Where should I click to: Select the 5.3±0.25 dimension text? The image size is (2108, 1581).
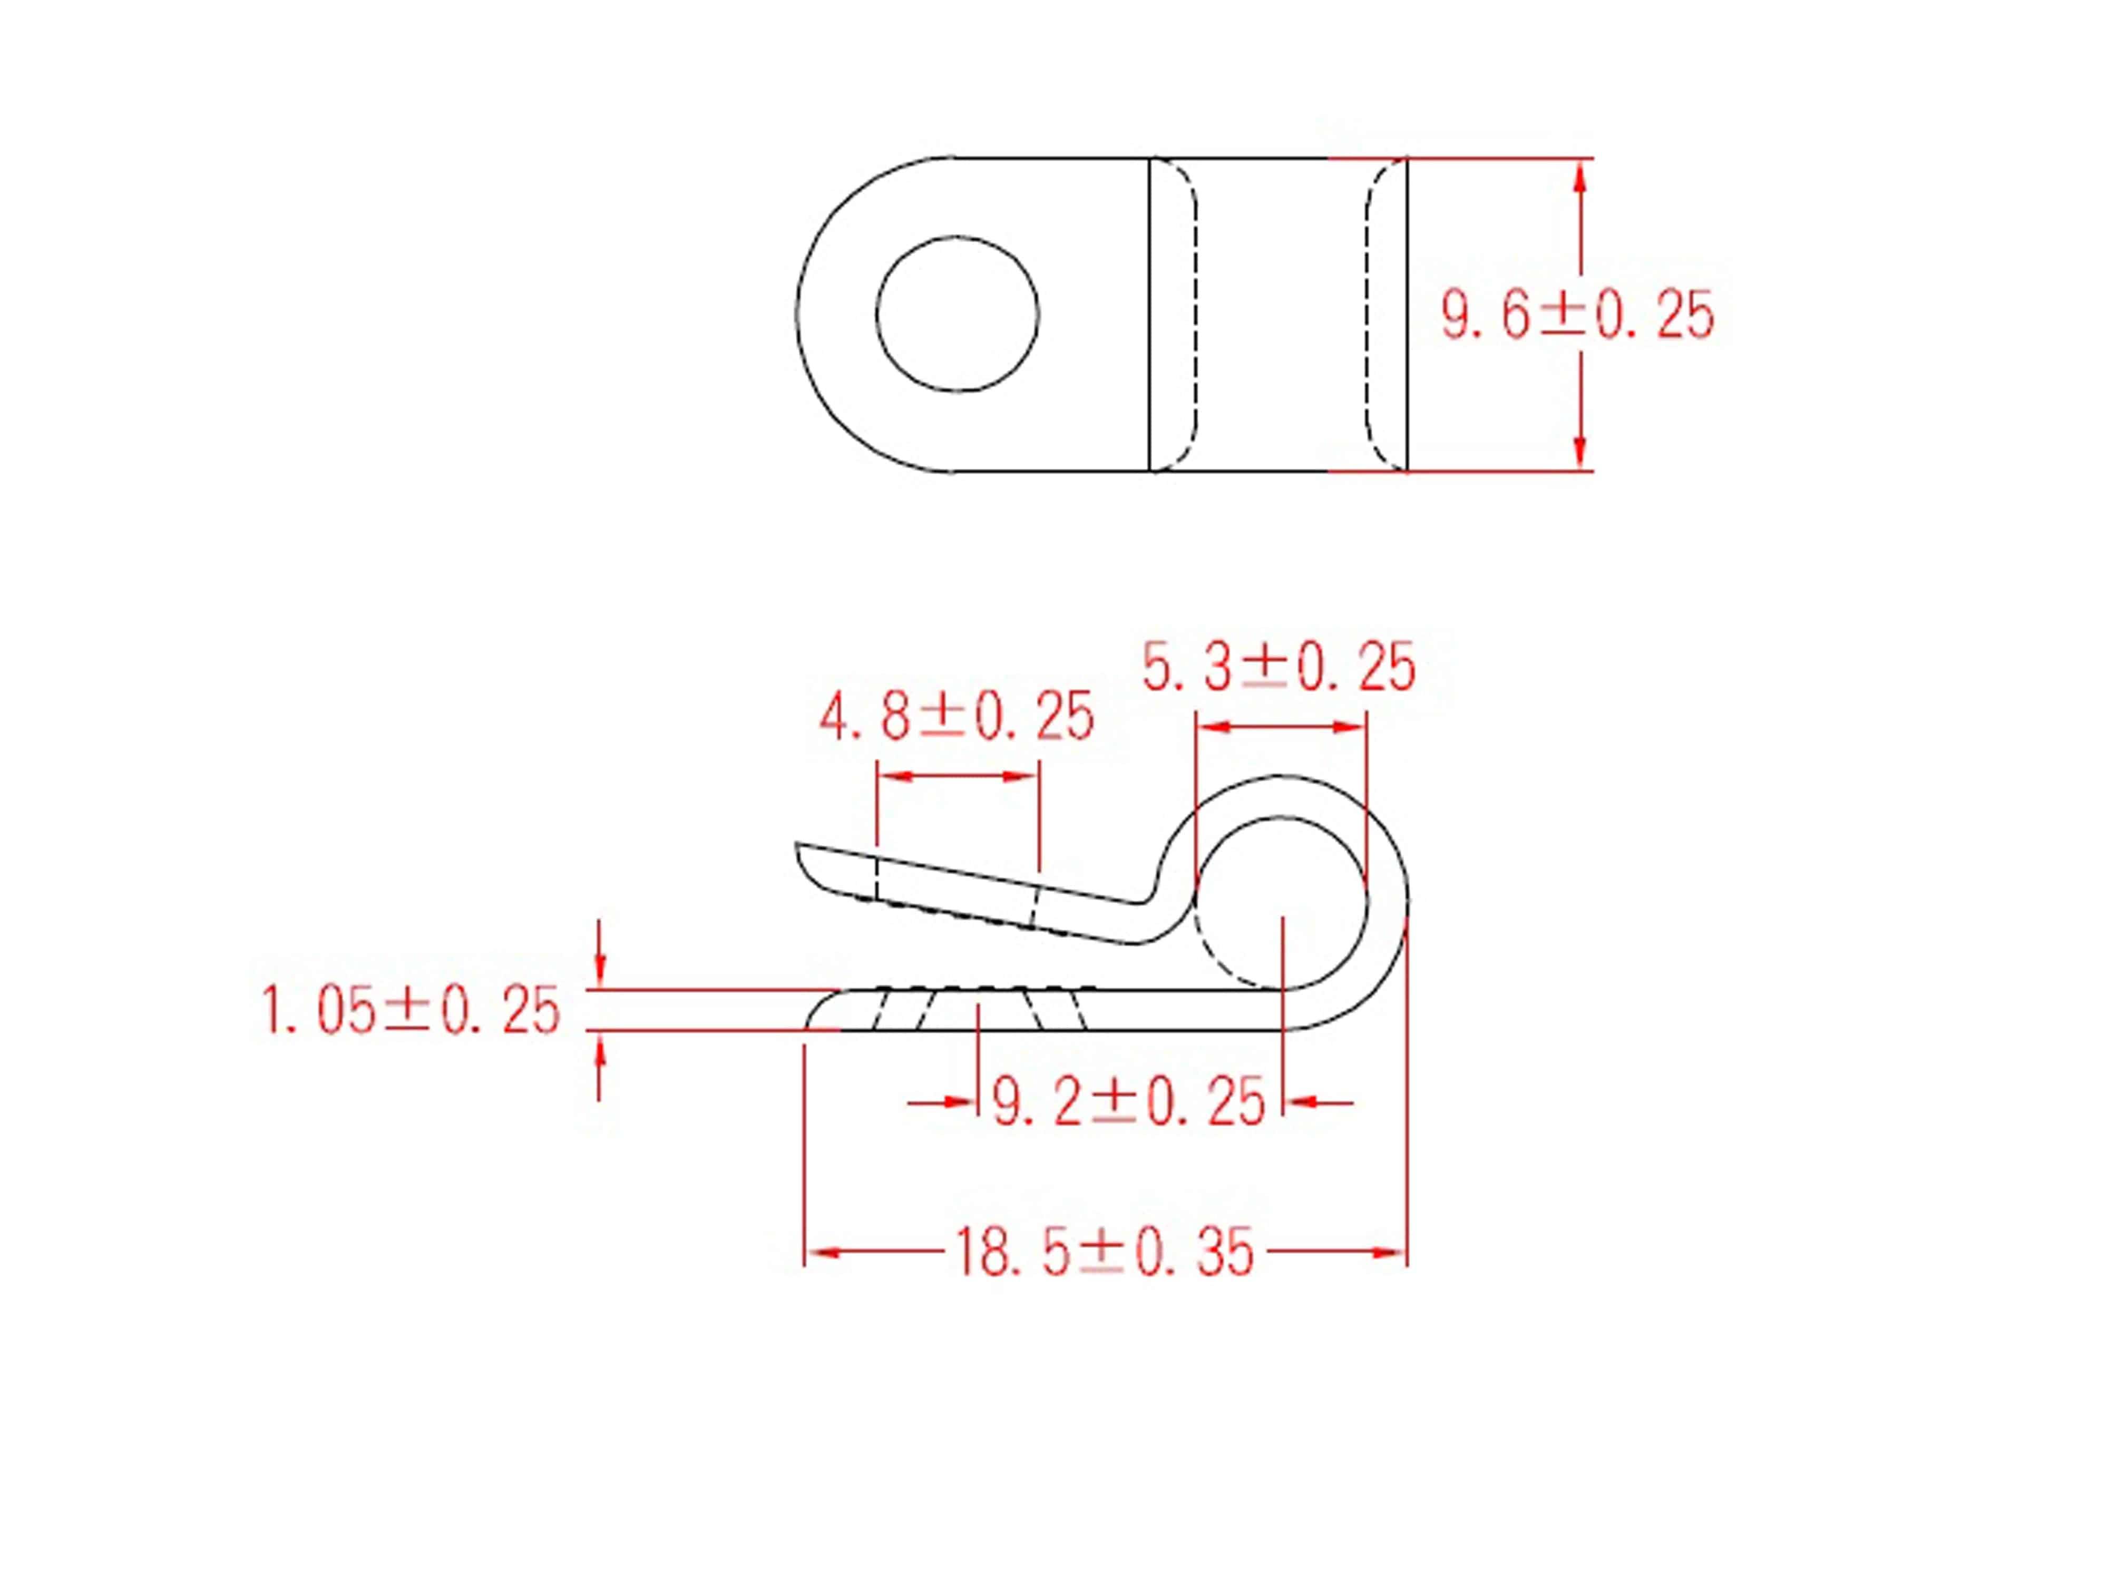[1279, 668]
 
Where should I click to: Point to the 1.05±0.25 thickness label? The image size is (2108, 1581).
[411, 1012]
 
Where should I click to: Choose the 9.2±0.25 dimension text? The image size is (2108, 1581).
[1129, 1102]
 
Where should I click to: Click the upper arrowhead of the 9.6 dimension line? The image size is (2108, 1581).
[1579, 177]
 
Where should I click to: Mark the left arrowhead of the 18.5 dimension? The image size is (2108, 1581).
[822, 1252]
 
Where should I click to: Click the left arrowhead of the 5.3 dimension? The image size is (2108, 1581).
[1212, 727]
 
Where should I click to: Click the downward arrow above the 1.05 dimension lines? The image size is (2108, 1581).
[599, 971]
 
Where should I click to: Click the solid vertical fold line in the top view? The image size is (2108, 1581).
[1150, 315]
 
